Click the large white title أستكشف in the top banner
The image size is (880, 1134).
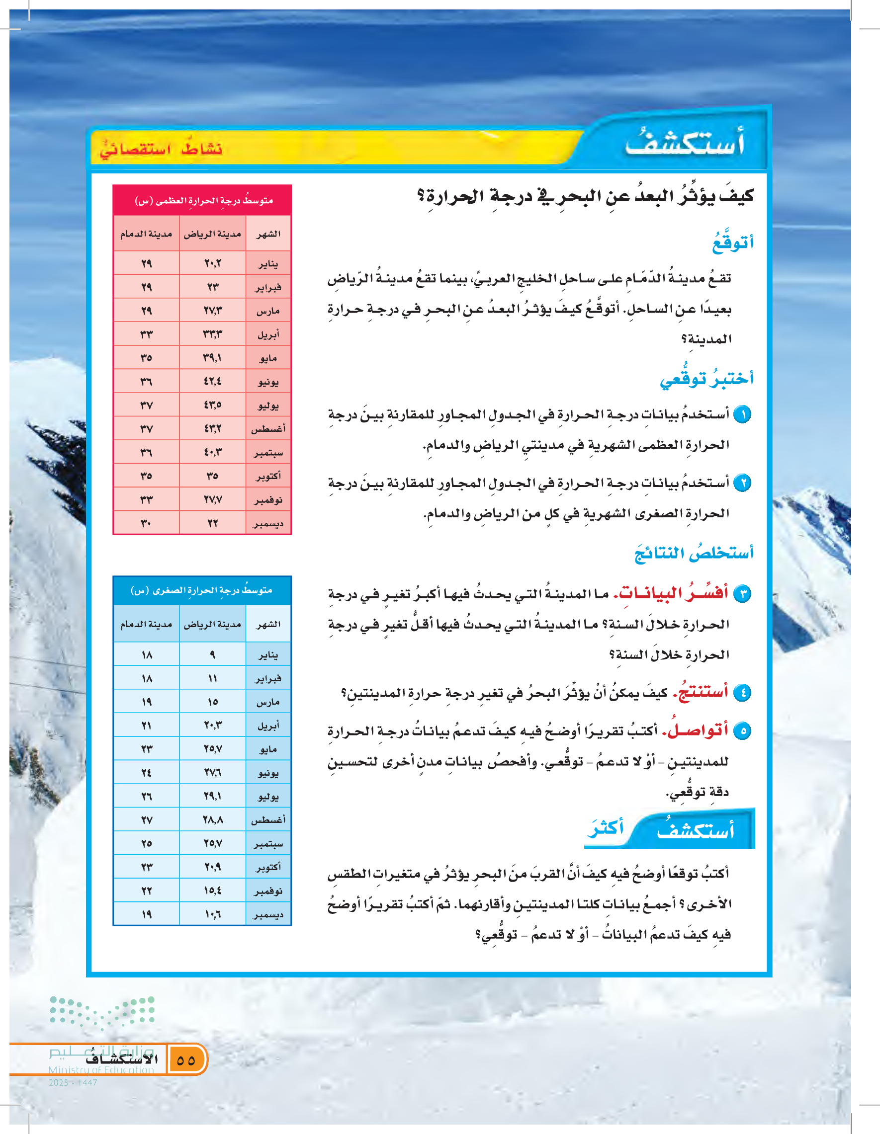[x=685, y=143]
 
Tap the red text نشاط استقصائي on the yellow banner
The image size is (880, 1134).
[x=161, y=150]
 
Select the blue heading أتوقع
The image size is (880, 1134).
[x=732, y=243]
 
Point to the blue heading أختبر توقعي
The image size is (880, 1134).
[x=706, y=378]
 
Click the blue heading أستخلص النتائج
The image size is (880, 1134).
[x=694, y=553]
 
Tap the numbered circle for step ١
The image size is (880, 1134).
[x=743, y=415]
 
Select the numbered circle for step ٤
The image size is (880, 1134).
[x=743, y=693]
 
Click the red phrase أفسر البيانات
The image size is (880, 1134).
[x=671, y=593]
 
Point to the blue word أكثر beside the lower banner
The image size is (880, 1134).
[x=606, y=827]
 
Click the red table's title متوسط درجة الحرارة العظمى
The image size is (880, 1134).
[x=204, y=200]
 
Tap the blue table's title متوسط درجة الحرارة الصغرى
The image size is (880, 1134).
[x=201, y=590]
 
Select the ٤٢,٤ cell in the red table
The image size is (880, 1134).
[x=212, y=382]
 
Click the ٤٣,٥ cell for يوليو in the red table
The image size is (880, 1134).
[x=212, y=405]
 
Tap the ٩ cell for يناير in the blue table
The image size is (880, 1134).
[x=212, y=655]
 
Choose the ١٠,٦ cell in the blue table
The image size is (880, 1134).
[x=212, y=914]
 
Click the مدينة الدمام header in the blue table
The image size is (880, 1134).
[x=147, y=624]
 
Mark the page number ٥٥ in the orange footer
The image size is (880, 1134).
[x=186, y=1060]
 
